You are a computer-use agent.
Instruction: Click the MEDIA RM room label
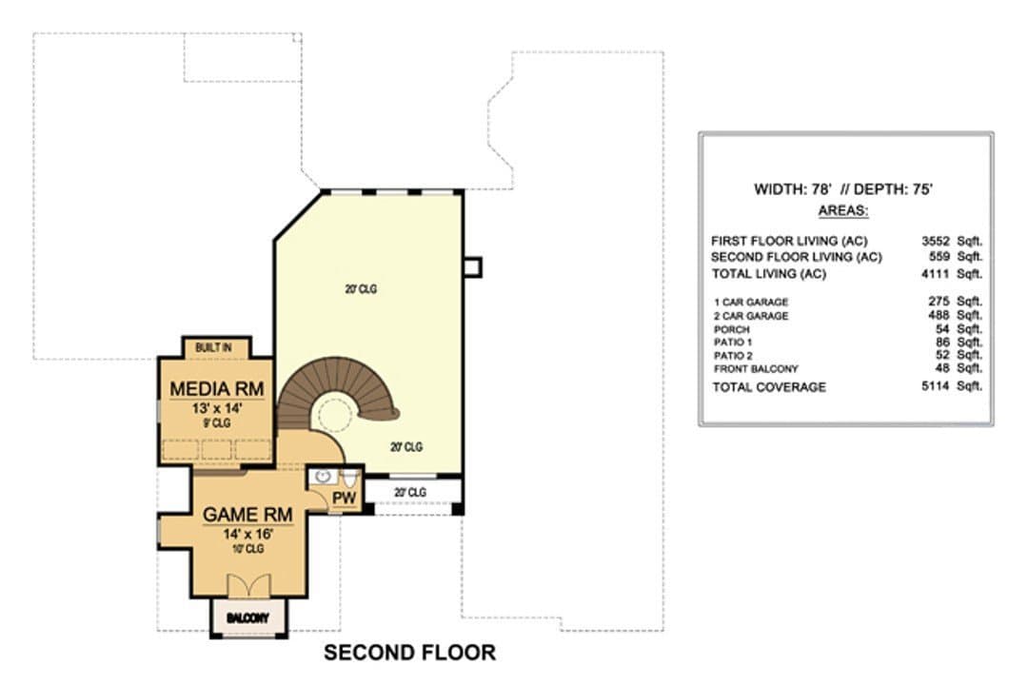coord(216,389)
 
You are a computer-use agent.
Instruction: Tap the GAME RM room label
coord(247,515)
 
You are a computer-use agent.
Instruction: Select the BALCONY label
coord(247,617)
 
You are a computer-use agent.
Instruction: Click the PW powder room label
coord(344,498)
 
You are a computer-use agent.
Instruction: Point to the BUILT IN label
coord(213,347)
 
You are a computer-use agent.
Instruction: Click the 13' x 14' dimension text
coord(217,408)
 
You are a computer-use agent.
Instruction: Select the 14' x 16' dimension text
coord(247,534)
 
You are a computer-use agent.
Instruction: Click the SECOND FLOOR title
coord(409,653)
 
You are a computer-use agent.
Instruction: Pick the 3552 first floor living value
coord(935,241)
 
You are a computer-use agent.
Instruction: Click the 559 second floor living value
coord(939,256)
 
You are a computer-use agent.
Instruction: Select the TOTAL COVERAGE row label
coord(769,386)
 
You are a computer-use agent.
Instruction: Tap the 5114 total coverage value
coord(935,386)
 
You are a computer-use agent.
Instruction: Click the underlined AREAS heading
coord(843,211)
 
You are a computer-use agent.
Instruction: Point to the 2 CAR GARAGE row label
coord(751,316)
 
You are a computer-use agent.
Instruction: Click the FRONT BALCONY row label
coord(756,369)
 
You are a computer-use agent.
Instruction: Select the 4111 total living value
coord(935,273)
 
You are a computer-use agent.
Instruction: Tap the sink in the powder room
coord(323,477)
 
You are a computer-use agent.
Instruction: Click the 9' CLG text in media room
coord(217,423)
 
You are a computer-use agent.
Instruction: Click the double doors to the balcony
coord(248,586)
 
